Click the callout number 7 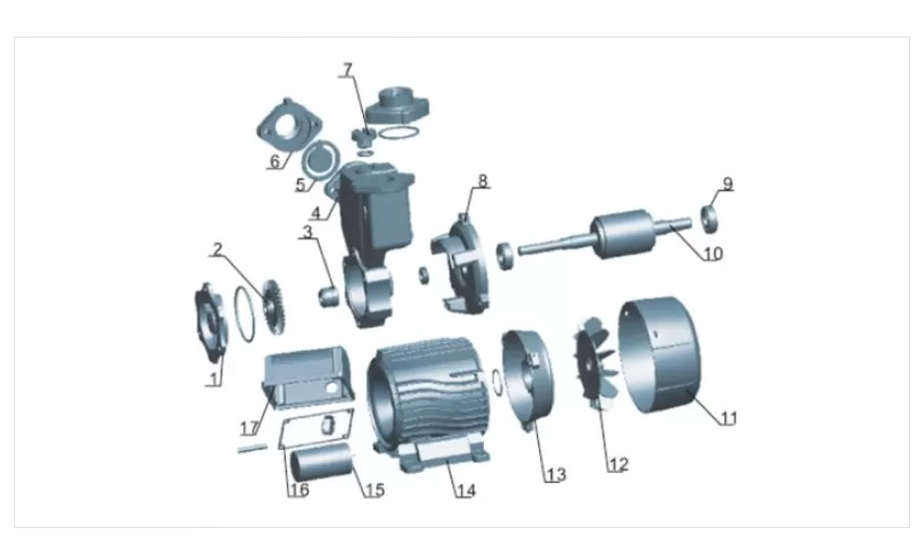pos(347,69)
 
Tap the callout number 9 pos(728,183)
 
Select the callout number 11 pos(729,418)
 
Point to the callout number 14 pos(466,491)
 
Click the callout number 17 pos(249,429)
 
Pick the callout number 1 pos(215,377)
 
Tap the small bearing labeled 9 pos(710,217)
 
